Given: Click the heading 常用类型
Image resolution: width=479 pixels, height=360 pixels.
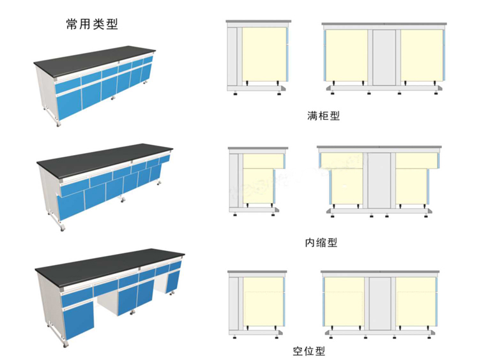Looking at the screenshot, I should [x=92, y=25].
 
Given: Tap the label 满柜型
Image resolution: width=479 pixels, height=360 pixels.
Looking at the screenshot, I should [x=323, y=117].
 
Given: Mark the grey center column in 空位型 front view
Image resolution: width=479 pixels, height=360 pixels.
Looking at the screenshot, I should [x=381, y=305].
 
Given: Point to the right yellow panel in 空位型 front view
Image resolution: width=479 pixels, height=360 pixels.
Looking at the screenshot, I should [x=416, y=305].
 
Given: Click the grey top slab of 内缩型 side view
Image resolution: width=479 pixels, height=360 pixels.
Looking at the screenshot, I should [x=257, y=149].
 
